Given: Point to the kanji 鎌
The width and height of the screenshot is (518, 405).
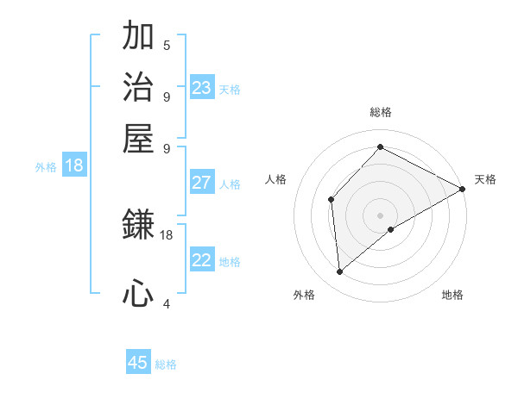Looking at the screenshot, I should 138,225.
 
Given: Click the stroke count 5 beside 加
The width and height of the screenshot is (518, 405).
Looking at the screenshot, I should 167,45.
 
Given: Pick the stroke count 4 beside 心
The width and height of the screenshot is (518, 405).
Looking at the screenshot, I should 167,303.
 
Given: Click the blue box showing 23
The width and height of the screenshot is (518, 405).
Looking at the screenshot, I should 201,88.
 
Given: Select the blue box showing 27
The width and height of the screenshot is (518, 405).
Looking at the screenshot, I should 201,183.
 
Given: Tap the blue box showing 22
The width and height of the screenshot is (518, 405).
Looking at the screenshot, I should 201,260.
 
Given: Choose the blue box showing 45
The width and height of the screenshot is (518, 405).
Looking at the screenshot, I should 138,363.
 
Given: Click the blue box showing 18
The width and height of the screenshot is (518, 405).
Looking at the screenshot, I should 74,165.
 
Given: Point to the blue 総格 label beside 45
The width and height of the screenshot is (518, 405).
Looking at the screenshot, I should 166,364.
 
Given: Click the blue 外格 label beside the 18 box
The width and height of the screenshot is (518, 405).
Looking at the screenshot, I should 46,167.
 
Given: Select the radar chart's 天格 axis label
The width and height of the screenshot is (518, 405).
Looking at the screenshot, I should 485,179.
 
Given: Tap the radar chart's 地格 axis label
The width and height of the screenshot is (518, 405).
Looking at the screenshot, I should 452,295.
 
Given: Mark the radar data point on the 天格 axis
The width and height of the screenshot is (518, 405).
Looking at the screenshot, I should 463,189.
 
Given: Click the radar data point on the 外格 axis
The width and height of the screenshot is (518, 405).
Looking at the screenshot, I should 339,272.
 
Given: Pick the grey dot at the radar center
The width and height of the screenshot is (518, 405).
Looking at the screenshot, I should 380,215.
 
